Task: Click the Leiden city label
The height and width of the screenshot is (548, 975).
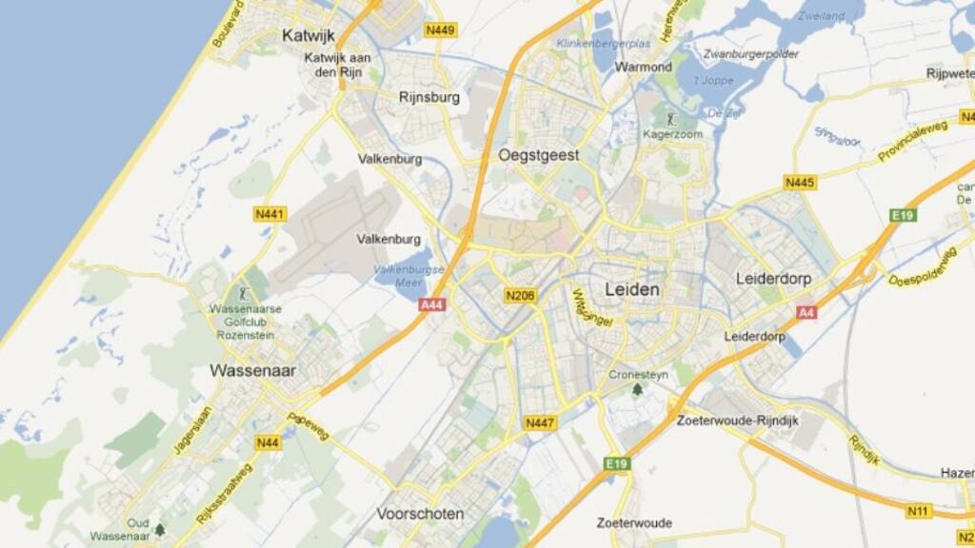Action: point(632,288)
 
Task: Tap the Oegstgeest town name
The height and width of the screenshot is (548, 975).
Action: point(538,154)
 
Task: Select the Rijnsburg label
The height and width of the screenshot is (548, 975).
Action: point(429,97)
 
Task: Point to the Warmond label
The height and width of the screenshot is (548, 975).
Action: point(643,68)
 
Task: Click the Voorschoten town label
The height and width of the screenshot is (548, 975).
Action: point(420,514)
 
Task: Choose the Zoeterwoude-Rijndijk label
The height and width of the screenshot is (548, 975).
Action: point(737,420)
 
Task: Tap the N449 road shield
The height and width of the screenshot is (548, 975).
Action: point(441,30)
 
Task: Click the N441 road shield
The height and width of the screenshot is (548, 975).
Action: point(270,215)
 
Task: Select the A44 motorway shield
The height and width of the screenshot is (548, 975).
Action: point(432,305)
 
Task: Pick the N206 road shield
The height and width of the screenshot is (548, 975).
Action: point(521,296)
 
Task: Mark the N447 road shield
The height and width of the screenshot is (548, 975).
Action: point(540,422)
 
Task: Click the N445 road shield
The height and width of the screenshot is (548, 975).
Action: point(800,182)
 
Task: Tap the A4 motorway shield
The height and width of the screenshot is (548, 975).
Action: point(806,312)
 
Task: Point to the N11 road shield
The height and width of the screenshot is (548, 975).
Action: point(918,512)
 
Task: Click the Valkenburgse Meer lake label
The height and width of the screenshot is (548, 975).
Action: point(408,276)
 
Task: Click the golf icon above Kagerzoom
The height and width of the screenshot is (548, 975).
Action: point(672,120)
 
